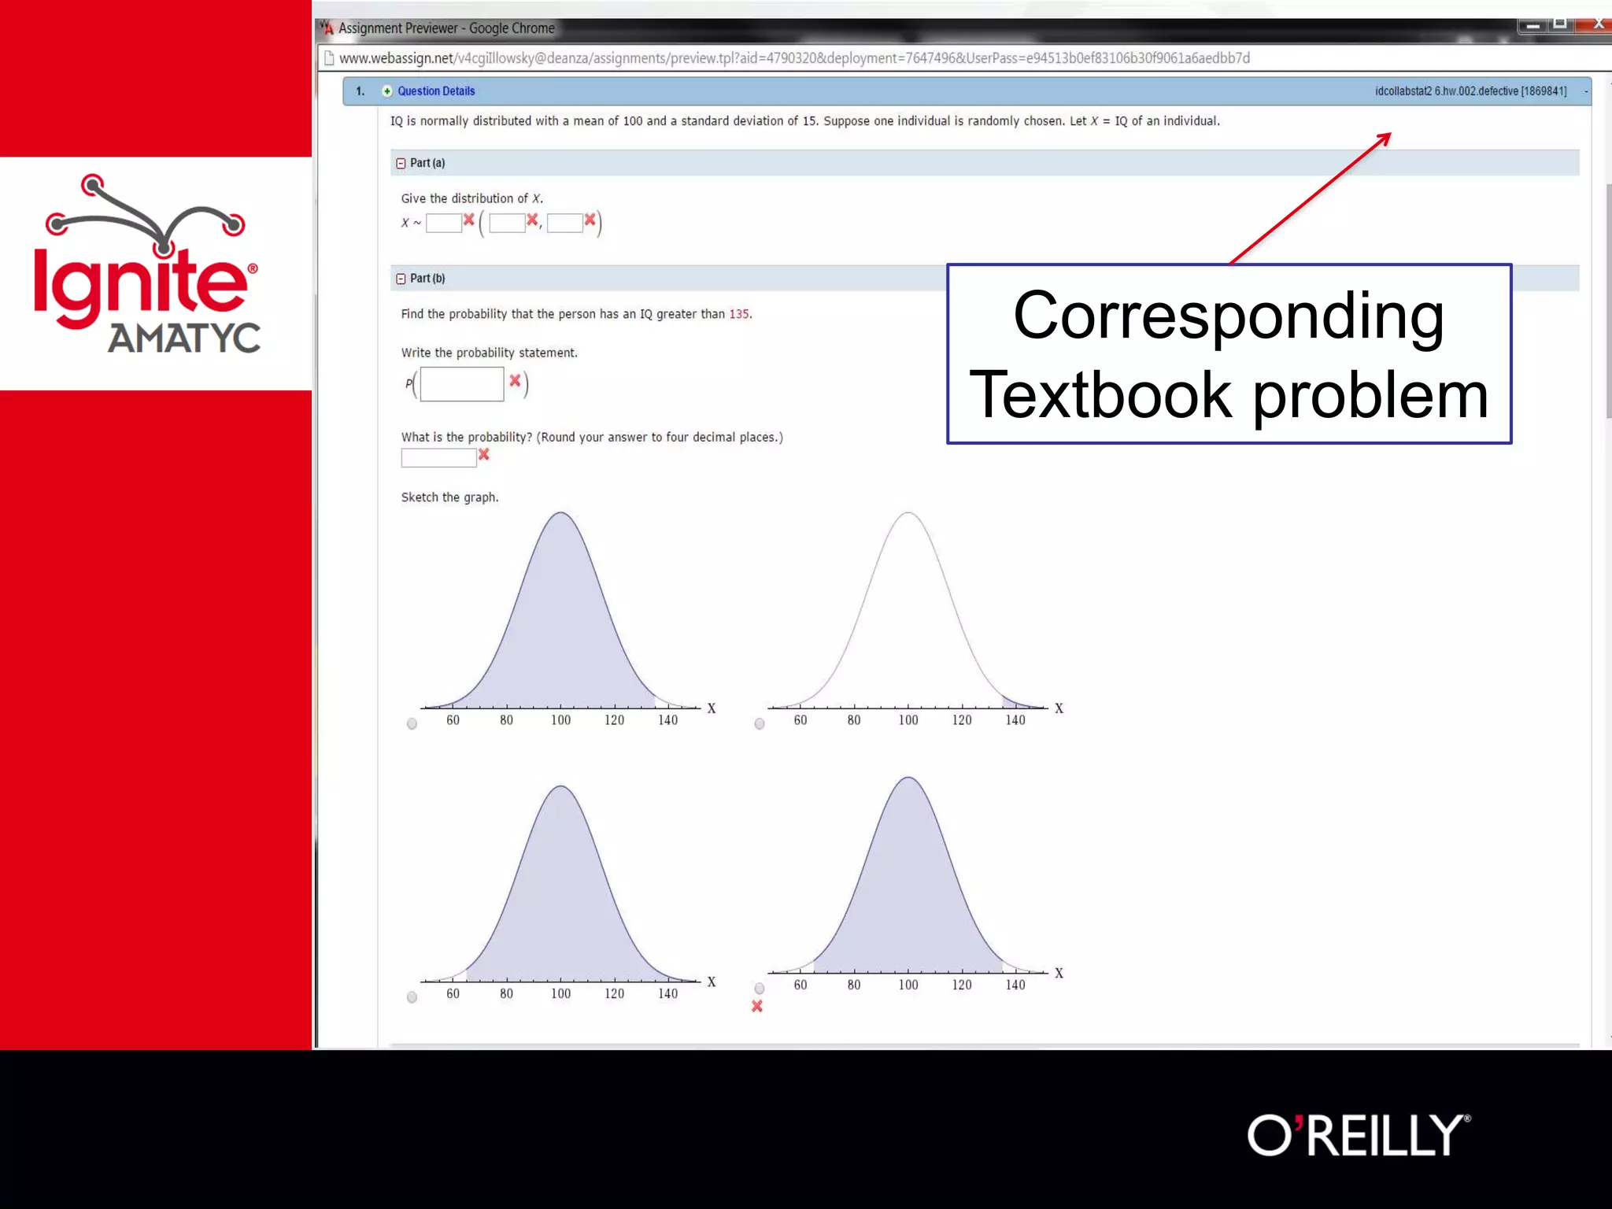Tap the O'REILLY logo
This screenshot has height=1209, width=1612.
click(x=1358, y=1135)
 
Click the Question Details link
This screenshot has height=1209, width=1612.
click(x=436, y=91)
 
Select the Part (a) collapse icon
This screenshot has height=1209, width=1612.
click(x=401, y=164)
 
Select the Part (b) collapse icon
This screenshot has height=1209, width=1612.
click(x=401, y=279)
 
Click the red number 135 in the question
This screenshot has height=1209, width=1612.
click(x=739, y=314)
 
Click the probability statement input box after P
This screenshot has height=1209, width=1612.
click(x=462, y=384)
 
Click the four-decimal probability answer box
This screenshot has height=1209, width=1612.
click(x=438, y=457)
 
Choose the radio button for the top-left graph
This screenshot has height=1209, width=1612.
click(x=412, y=724)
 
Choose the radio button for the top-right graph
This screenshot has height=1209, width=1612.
click(x=759, y=724)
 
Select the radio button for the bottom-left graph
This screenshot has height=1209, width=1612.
click(x=412, y=997)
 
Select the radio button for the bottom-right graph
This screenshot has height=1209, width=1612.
click(x=759, y=988)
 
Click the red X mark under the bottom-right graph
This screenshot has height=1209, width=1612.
click(x=757, y=1007)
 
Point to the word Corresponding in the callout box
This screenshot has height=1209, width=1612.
click(x=1228, y=316)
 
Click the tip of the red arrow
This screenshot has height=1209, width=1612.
click(x=1389, y=135)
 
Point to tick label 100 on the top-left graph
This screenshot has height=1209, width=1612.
click(x=560, y=720)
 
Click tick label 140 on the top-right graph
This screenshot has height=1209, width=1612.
click(x=1015, y=720)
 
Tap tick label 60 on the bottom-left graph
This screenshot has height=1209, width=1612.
click(x=453, y=994)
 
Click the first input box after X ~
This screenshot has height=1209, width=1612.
click(x=443, y=224)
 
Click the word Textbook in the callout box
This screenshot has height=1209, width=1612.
click(x=1100, y=396)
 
